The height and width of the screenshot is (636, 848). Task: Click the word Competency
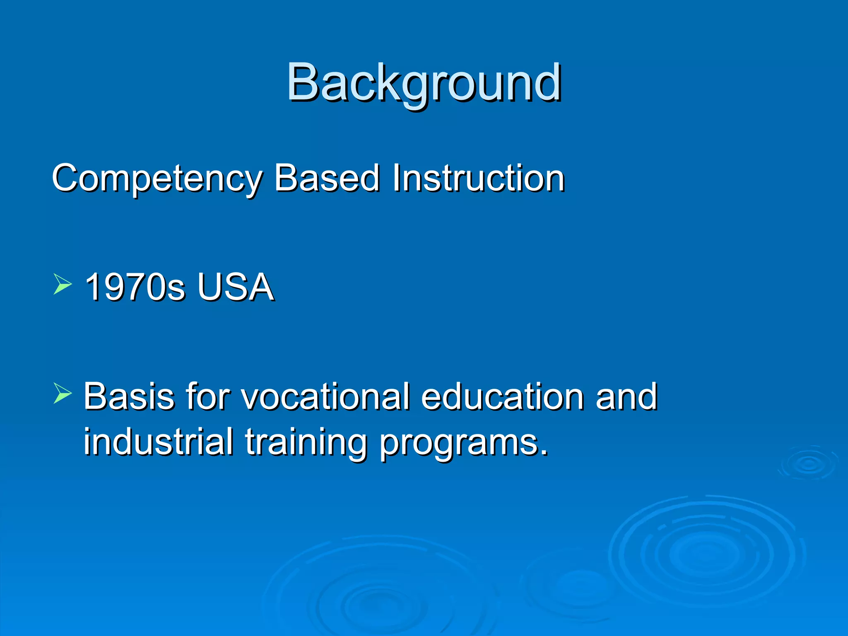(157, 179)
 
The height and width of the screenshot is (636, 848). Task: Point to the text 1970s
(134, 287)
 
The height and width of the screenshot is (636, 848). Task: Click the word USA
(235, 287)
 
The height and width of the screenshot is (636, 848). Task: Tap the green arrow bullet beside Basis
(62, 393)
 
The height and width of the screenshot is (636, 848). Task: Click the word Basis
(129, 396)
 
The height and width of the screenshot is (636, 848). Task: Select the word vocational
(325, 396)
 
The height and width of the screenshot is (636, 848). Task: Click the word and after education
(626, 396)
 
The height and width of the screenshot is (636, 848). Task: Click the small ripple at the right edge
(809, 464)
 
